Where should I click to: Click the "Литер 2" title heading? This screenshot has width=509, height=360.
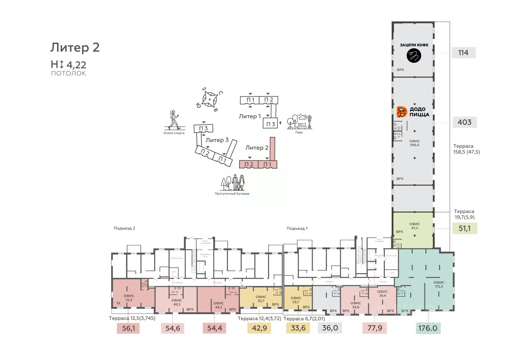point(75,48)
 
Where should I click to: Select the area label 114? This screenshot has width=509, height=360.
point(463,53)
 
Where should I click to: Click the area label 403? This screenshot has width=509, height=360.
point(464,122)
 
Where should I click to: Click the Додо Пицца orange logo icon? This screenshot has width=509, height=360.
point(402,112)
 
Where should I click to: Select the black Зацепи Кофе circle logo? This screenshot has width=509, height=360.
point(414,55)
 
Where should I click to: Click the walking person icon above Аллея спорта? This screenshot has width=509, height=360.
point(174,120)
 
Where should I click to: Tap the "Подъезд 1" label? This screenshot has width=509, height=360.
point(297,228)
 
